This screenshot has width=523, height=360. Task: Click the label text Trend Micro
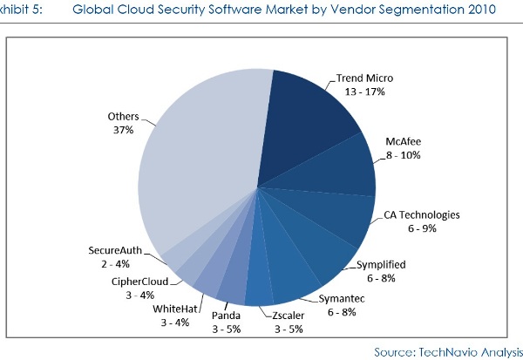point(364,78)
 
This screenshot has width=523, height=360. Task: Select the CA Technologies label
point(422,215)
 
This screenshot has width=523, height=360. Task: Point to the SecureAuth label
point(115,249)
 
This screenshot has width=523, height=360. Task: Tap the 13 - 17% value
point(364,91)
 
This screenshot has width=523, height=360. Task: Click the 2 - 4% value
point(115,262)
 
